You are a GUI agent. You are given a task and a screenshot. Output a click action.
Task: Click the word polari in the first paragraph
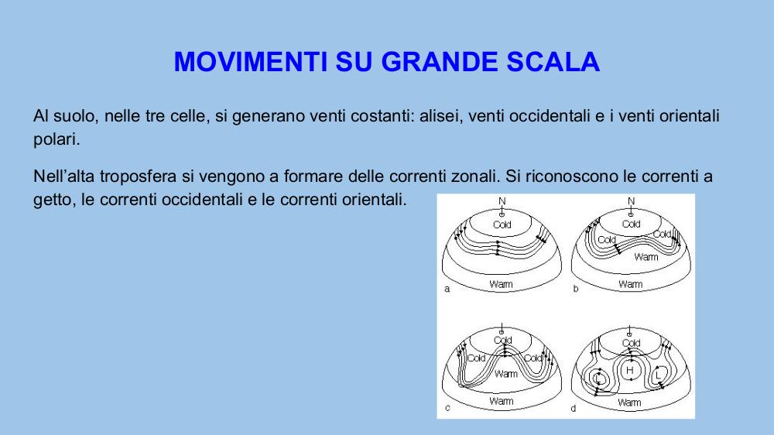[x=57, y=140]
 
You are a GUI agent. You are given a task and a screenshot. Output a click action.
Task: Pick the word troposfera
[x=139, y=176]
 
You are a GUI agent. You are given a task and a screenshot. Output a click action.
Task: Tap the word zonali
[x=474, y=176]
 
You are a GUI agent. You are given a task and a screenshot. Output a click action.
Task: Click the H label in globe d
[x=630, y=370]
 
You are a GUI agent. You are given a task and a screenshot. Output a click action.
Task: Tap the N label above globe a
[x=502, y=201]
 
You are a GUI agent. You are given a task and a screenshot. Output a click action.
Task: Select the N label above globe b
[x=631, y=201]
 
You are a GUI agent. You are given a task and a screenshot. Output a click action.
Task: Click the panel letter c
[x=447, y=408]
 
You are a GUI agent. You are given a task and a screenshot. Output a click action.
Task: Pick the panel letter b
[x=576, y=289]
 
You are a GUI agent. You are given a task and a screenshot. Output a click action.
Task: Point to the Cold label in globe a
[x=502, y=224]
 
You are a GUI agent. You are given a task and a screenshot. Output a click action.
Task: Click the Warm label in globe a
[x=501, y=284]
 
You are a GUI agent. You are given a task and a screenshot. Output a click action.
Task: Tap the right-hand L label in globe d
[x=658, y=375]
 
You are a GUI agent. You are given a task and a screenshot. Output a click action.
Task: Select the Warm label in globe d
[x=629, y=403]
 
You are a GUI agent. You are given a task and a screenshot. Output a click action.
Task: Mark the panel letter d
[x=573, y=409]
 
